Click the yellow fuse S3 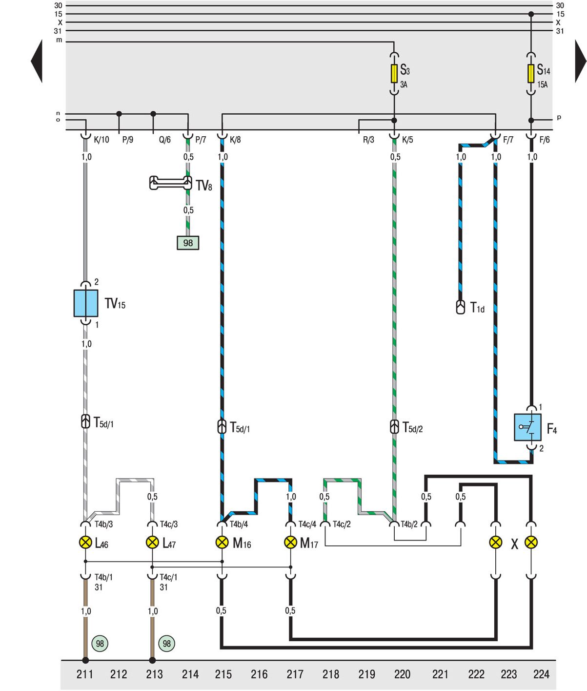pyautogui.click(x=394, y=74)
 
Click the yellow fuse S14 pyautogui.click(x=531, y=74)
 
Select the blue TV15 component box pyautogui.click(x=86, y=303)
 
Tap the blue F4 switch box pyautogui.click(x=527, y=427)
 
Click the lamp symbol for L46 pyautogui.click(x=85, y=542)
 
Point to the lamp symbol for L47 pyautogui.click(x=152, y=542)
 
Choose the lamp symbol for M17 pyautogui.click(x=291, y=542)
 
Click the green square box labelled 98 pyautogui.click(x=188, y=243)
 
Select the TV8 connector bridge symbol pyautogui.click(x=171, y=183)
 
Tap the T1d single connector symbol pyautogui.click(x=461, y=307)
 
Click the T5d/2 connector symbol pyautogui.click(x=395, y=427)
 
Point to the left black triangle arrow pyautogui.click(x=37, y=61)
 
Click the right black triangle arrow pyautogui.click(x=581, y=61)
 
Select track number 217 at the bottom pyautogui.click(x=295, y=674)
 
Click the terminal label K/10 pyautogui.click(x=101, y=140)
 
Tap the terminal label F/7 pyautogui.click(x=508, y=140)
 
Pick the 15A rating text pyautogui.click(x=543, y=84)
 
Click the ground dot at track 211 pyautogui.click(x=85, y=660)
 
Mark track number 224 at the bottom pyautogui.click(x=541, y=674)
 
